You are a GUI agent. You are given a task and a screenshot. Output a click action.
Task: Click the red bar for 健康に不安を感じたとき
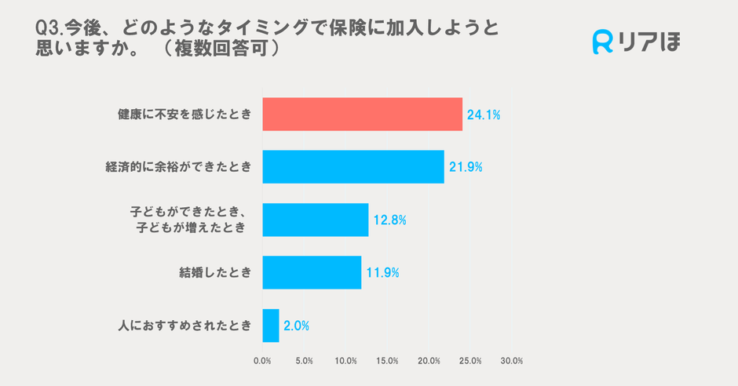coord(362,115)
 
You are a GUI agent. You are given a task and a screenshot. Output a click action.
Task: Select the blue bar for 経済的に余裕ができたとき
coord(353,166)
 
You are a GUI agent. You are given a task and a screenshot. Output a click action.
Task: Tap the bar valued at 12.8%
coord(315,220)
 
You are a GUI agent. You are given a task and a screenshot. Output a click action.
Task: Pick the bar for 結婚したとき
coord(312,272)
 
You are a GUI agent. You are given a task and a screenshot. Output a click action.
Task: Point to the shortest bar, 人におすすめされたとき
coord(271,326)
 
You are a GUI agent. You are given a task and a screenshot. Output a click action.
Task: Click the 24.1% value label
coord(484,115)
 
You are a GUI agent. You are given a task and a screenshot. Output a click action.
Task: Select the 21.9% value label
coord(465,166)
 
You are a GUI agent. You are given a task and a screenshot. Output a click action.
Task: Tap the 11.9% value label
coord(382,272)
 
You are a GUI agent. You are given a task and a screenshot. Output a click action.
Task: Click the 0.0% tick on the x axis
coord(262,361)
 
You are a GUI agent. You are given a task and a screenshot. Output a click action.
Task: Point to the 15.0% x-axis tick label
coord(387,361)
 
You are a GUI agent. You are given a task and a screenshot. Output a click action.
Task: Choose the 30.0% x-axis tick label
coord(511,361)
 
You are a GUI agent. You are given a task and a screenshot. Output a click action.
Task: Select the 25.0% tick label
coord(469,361)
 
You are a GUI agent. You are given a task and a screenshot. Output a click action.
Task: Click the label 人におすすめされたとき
coord(184,326)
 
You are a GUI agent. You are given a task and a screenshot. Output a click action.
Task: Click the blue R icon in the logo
coord(602,42)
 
